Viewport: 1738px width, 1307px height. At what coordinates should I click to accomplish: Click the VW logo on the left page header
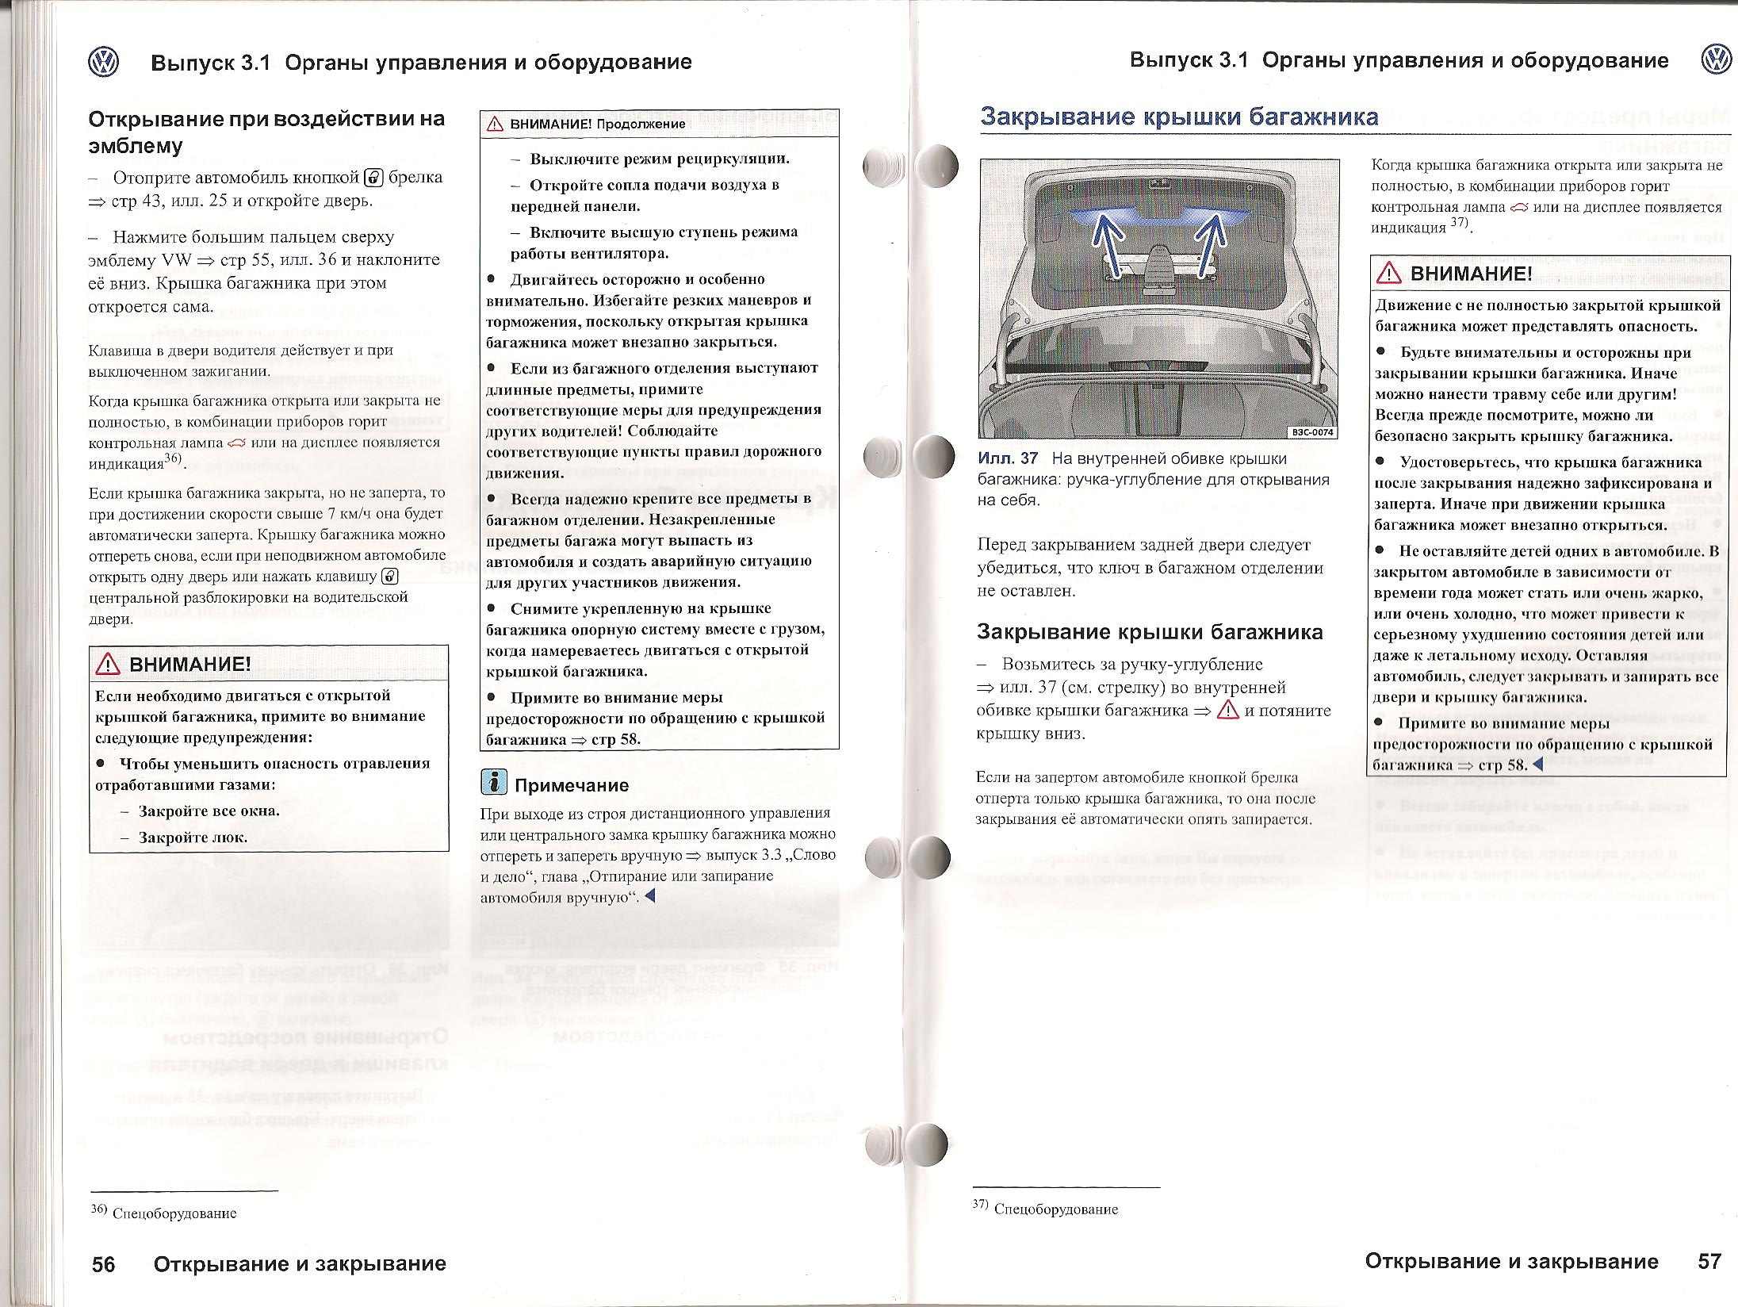point(104,62)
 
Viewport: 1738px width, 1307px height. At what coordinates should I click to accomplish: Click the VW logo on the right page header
point(1716,60)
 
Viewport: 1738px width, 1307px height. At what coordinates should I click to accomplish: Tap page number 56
point(103,1263)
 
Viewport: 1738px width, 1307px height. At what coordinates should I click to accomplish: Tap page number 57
point(1709,1261)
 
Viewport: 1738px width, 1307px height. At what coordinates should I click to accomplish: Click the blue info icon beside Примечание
point(494,783)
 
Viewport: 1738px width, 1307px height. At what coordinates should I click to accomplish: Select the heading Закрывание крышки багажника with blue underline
point(1179,117)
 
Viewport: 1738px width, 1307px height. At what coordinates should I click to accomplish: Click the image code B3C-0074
point(1312,432)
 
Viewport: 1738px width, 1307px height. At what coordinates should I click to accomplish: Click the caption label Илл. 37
point(1008,458)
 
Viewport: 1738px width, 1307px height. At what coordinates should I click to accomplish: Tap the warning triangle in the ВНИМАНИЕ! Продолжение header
point(496,124)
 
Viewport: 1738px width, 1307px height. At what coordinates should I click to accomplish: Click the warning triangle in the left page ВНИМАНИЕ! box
point(108,665)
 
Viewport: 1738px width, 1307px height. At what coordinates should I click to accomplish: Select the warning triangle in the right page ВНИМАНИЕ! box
point(1389,274)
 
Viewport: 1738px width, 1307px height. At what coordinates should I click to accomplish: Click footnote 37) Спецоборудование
point(1046,1209)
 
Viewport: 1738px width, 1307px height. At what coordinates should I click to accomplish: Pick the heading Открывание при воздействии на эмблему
point(266,132)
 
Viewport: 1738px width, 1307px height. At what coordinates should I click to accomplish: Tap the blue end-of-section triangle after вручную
point(650,896)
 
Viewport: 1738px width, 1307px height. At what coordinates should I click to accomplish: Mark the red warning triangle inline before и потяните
point(1227,710)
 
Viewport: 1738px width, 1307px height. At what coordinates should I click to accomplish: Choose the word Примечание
point(572,785)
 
